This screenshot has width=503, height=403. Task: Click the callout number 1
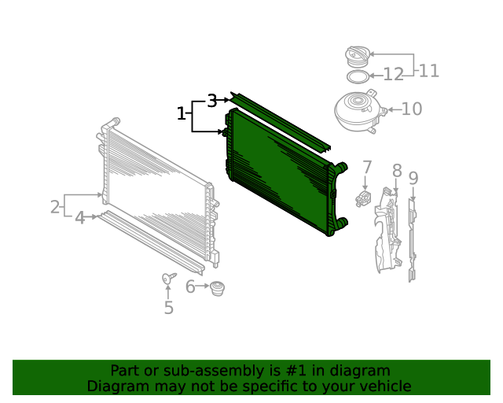(x=182, y=114)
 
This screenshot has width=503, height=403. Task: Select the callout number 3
(x=212, y=101)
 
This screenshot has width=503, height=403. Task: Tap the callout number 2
(x=55, y=207)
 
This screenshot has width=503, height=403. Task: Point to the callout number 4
(x=79, y=218)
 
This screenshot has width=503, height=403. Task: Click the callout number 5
(x=169, y=308)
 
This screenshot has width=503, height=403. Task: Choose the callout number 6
(x=190, y=287)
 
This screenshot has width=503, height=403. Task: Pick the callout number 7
(x=367, y=168)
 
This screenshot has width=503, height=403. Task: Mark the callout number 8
(x=397, y=170)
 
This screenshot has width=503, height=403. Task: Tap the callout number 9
(x=413, y=179)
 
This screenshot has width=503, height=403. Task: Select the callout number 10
(x=412, y=109)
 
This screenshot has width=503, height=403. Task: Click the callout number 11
(x=429, y=71)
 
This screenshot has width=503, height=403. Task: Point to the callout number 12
(x=393, y=75)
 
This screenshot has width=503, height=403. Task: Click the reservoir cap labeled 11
(x=358, y=57)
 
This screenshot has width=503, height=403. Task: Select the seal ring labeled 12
(x=358, y=77)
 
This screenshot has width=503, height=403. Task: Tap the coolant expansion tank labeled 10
(x=359, y=111)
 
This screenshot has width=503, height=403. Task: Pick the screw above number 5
(x=169, y=278)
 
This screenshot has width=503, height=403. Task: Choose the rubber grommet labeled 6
(x=217, y=288)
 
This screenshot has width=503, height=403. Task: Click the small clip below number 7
(x=363, y=198)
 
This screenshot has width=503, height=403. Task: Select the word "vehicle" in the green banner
(x=389, y=386)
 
